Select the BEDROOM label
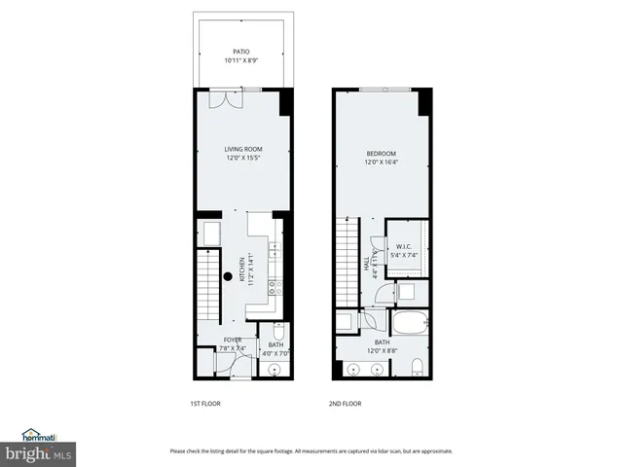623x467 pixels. click(x=381, y=154)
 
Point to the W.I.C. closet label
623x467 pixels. click(x=404, y=246)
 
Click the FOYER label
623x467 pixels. click(x=233, y=340)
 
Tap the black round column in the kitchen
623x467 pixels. click(x=228, y=276)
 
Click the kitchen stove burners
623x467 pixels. click(x=275, y=287)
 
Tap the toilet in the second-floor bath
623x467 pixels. click(x=415, y=368)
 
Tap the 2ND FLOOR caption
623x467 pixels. click(x=345, y=403)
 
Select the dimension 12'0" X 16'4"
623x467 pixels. click(x=381, y=162)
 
